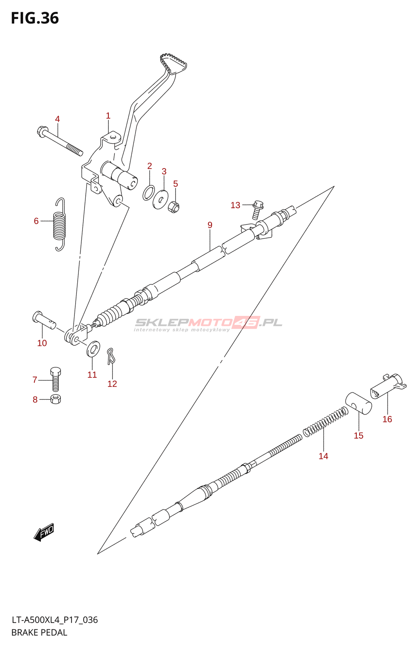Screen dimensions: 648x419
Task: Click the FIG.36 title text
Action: (x=35, y=18)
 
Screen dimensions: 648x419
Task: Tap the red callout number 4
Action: (x=57, y=119)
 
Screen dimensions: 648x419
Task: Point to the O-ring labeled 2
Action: (x=148, y=193)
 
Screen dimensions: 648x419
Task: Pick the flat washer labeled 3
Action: (x=161, y=200)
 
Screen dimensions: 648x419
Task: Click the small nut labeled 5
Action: (x=174, y=207)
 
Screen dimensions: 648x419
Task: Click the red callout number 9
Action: (x=210, y=225)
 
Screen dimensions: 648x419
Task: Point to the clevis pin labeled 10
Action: (x=44, y=320)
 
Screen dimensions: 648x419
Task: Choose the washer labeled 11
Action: (x=93, y=349)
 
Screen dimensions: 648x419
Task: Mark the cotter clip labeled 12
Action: (x=111, y=356)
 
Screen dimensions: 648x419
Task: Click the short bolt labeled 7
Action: (x=55, y=379)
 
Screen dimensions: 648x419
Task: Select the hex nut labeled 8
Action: (x=55, y=399)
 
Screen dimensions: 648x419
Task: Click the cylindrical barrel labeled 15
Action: (x=358, y=403)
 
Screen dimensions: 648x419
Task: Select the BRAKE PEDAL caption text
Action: (x=39, y=633)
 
